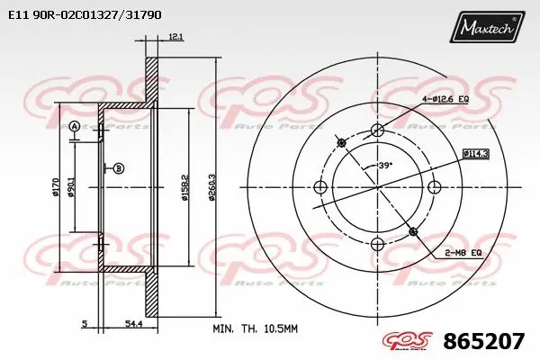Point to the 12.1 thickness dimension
click(175, 37)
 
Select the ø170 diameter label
click(57, 186)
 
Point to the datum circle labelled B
click(118, 167)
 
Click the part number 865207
click(484, 342)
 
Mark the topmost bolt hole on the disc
click(377, 130)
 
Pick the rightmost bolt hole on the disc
click(435, 187)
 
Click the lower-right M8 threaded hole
click(413, 231)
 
